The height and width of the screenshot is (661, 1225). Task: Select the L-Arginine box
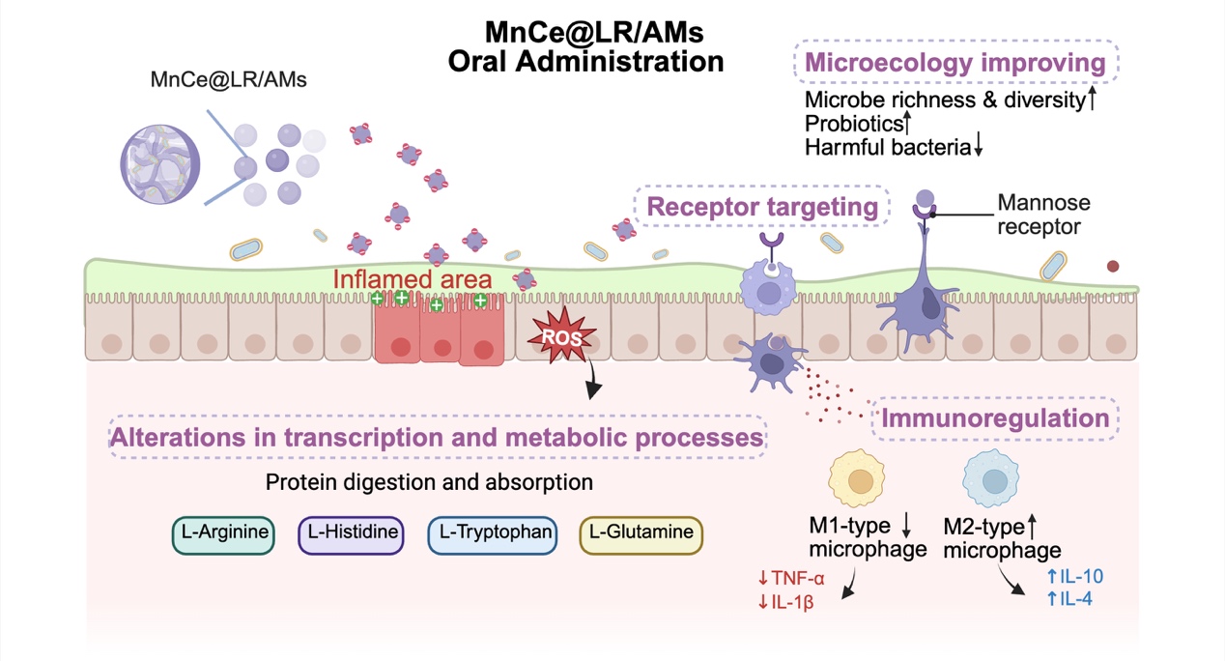tap(222, 532)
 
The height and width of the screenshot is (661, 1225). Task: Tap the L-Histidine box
tap(350, 532)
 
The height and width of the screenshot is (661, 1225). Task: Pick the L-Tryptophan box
tap(492, 532)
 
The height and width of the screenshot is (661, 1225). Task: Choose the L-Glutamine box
tap(641, 532)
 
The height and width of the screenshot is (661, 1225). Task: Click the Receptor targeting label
tap(761, 207)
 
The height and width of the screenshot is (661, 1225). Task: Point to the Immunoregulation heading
tap(995, 418)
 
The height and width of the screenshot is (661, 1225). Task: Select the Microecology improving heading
tap(954, 64)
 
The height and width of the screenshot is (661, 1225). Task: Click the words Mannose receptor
tap(1043, 216)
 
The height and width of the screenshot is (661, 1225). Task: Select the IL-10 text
tap(1075, 577)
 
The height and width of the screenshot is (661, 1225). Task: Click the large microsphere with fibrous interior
tap(159, 159)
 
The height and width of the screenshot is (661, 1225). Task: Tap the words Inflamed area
tap(413, 279)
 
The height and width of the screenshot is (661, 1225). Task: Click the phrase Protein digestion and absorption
tap(429, 481)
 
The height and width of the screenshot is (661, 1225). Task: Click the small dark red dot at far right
tap(1113, 266)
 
